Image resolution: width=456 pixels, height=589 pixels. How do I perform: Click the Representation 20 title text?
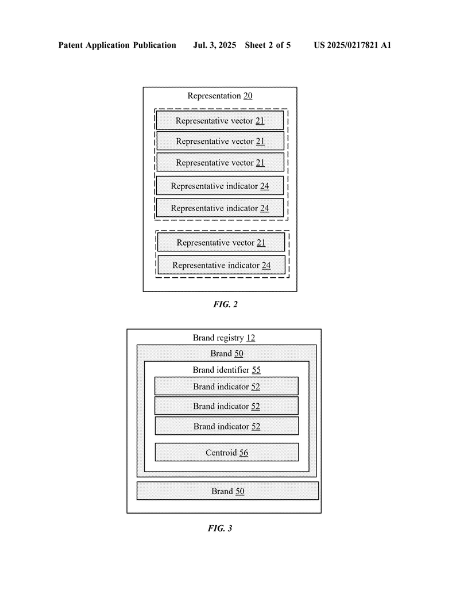(x=220, y=96)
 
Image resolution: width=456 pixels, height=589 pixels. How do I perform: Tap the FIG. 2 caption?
(x=225, y=304)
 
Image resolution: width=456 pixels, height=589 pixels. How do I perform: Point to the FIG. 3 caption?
(x=220, y=528)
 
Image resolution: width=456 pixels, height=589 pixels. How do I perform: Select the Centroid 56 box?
(x=227, y=452)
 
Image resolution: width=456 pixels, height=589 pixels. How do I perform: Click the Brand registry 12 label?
(x=224, y=338)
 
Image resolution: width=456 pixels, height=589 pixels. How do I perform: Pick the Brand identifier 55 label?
(x=226, y=370)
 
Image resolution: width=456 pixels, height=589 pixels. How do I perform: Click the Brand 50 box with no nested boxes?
(x=227, y=491)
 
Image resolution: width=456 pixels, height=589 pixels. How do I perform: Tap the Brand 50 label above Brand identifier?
(x=227, y=354)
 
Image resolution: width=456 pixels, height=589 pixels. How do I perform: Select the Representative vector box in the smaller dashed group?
(x=221, y=242)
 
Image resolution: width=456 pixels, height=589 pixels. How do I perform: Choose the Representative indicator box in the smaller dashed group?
(x=221, y=265)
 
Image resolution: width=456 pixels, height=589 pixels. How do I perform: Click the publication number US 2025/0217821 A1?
(x=353, y=45)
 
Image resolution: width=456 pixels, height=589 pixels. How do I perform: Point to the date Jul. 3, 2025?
(x=214, y=45)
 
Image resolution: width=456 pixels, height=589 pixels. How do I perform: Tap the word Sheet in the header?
(x=256, y=45)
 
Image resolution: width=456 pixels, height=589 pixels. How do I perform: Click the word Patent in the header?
(x=71, y=45)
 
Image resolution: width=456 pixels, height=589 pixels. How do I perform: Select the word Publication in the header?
(x=154, y=45)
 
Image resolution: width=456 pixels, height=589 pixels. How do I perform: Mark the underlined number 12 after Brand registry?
(x=251, y=338)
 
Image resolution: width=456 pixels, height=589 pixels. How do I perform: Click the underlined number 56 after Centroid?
(x=244, y=453)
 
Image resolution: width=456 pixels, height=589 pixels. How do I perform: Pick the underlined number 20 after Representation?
(x=248, y=96)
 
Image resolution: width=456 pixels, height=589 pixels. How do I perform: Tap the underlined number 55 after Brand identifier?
(x=256, y=370)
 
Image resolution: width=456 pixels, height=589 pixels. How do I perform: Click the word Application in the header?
(x=108, y=45)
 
